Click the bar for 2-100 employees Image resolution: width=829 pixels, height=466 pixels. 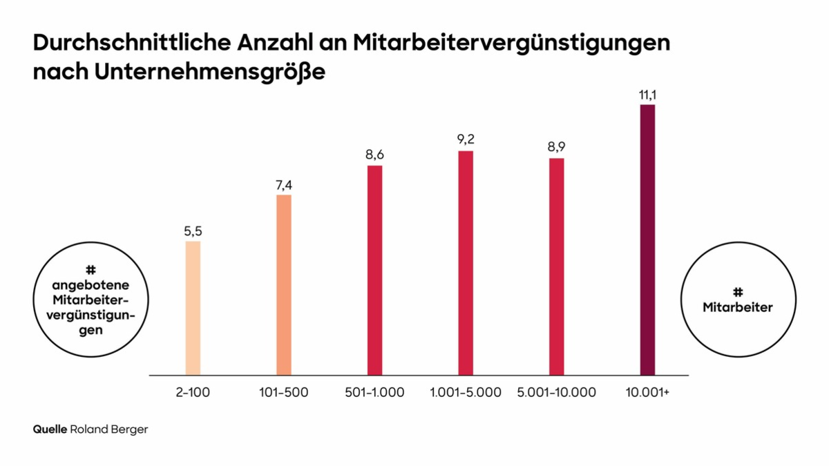click(x=193, y=308)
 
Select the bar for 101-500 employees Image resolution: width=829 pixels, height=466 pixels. click(x=284, y=285)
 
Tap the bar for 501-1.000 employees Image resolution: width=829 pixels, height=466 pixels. click(x=374, y=271)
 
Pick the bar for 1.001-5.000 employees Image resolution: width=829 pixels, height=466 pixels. click(x=466, y=263)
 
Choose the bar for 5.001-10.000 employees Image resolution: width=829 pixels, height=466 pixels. click(x=556, y=266)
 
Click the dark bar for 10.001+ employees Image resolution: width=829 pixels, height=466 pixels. click(x=647, y=240)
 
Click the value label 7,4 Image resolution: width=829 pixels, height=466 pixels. click(x=284, y=185)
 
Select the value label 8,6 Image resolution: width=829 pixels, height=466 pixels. click(x=374, y=155)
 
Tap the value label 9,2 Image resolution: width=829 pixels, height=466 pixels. click(x=466, y=140)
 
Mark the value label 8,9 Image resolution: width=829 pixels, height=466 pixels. click(x=556, y=148)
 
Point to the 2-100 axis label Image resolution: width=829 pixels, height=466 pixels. click(x=193, y=393)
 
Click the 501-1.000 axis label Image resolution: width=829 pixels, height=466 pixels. click(x=374, y=393)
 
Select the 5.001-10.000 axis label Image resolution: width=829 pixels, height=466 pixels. click(x=556, y=393)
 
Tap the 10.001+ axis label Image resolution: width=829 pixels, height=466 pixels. click(x=647, y=393)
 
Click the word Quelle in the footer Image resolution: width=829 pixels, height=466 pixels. click(x=50, y=429)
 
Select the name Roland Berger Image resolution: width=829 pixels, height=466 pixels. click(x=109, y=429)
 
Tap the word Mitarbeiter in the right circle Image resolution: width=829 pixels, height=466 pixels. click(x=738, y=308)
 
